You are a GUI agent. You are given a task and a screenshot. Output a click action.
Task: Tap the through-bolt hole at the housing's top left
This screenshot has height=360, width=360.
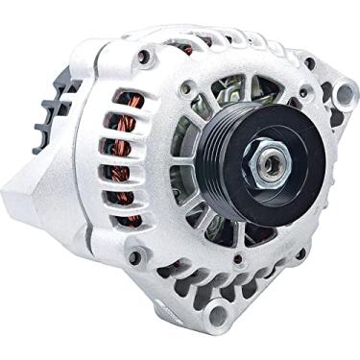coord(145,58)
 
